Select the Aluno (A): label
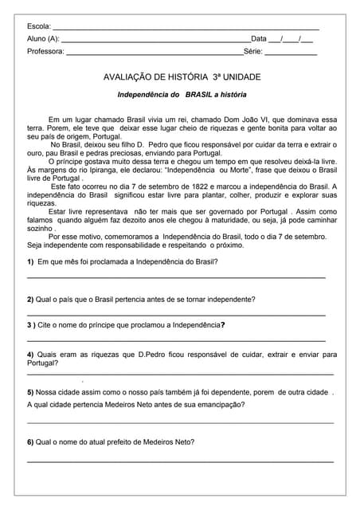point(43,38)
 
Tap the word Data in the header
point(259,38)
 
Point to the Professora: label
point(45,51)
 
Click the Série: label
point(252,51)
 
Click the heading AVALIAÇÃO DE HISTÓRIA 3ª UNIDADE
point(182,77)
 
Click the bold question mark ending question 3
point(222,324)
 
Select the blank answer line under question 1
point(177,277)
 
